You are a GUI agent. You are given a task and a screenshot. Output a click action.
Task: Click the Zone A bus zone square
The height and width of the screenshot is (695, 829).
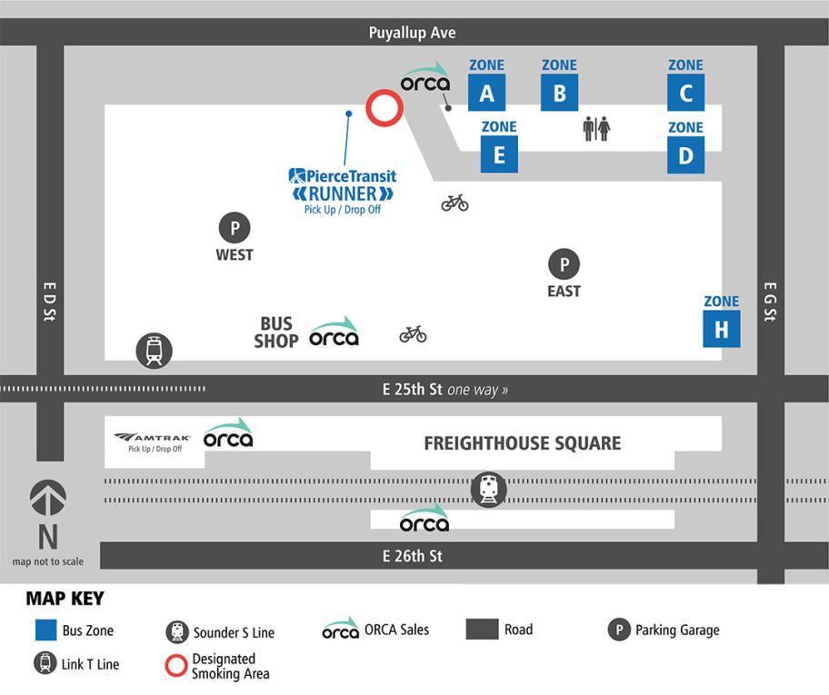(486, 93)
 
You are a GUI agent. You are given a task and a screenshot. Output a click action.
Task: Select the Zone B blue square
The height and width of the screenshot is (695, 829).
(559, 93)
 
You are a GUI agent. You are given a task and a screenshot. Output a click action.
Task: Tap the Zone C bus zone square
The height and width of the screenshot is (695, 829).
(685, 93)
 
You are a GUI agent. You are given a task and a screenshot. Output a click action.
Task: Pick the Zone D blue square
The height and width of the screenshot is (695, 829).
(685, 154)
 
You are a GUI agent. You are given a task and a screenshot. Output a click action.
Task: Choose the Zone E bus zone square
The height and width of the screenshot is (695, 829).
(499, 154)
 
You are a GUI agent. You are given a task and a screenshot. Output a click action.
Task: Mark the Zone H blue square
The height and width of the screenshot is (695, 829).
(721, 329)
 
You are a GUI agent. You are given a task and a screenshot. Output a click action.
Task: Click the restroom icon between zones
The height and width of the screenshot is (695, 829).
(596, 129)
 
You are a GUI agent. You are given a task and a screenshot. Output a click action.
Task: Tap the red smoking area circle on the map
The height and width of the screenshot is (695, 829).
(384, 108)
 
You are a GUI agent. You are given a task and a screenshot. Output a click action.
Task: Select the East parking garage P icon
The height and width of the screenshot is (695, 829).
(564, 264)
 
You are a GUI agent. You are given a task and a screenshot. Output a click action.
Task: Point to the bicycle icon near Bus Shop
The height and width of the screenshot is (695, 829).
(413, 334)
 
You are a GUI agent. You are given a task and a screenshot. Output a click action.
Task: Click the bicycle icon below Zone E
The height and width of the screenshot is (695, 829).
(454, 202)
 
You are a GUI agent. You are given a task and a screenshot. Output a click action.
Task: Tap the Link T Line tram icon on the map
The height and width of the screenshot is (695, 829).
(154, 351)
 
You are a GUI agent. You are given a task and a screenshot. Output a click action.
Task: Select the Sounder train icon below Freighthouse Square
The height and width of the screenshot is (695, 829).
(489, 490)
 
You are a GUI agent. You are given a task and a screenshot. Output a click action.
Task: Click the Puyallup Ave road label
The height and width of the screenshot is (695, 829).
(412, 33)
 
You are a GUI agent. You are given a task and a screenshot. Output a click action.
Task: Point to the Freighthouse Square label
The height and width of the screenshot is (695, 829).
(523, 443)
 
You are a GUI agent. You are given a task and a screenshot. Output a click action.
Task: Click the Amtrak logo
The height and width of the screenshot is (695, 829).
(153, 437)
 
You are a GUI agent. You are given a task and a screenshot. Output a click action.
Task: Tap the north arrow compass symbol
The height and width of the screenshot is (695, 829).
(47, 496)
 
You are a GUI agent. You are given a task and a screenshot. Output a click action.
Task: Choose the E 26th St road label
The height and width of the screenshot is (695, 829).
(412, 555)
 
